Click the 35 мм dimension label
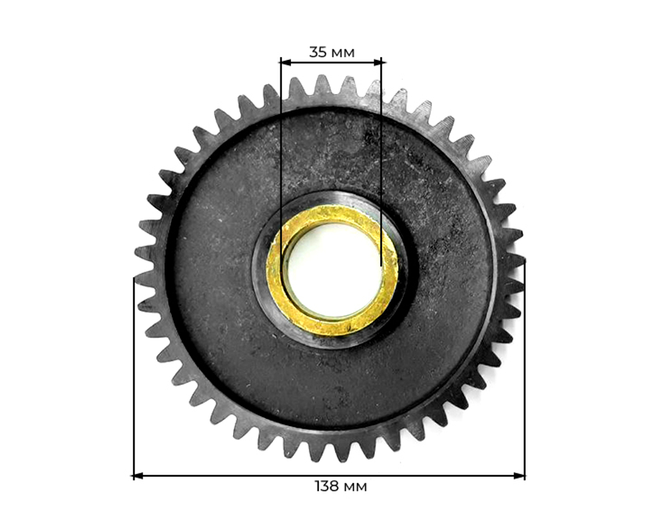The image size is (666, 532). (x=332, y=52)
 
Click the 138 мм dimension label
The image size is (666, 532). (x=340, y=486)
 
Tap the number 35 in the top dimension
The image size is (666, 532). (x=318, y=52)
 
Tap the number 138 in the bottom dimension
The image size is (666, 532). (x=326, y=486)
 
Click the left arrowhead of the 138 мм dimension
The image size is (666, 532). (x=139, y=475)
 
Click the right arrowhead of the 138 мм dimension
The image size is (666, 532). (x=520, y=475)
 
